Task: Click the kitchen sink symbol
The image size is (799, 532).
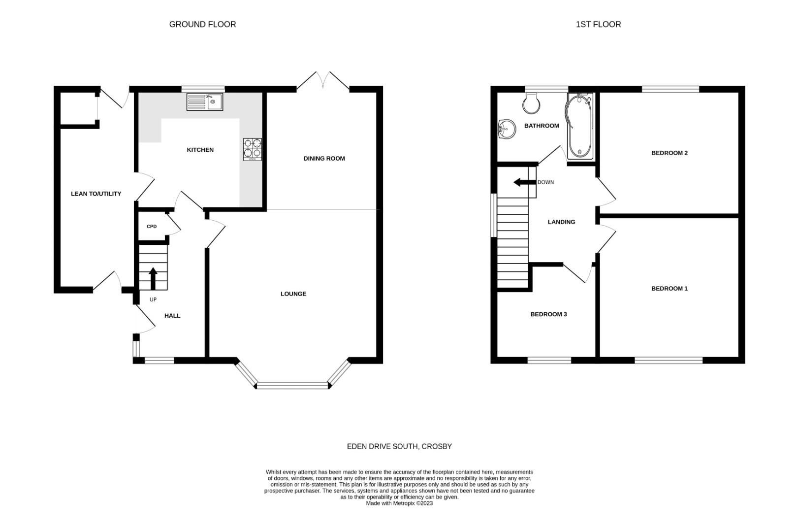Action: click(x=204, y=102)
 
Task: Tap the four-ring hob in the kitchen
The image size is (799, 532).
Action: click(x=253, y=149)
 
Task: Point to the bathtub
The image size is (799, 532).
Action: click(x=580, y=127)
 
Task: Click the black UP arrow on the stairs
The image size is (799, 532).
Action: click(x=153, y=278)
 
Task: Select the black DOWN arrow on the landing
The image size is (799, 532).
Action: click(x=524, y=182)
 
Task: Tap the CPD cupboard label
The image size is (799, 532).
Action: click(x=152, y=227)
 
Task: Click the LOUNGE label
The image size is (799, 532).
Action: click(x=293, y=294)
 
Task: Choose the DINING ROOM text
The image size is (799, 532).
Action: click(x=324, y=159)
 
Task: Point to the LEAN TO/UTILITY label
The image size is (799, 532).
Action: click(x=96, y=194)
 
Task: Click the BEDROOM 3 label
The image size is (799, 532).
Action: click(x=548, y=314)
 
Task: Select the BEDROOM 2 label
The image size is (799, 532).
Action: click(x=669, y=153)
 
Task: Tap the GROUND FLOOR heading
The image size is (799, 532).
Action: click(x=202, y=24)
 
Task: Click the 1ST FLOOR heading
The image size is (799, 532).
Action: click(x=598, y=24)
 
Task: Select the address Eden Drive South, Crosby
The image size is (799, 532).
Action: click(x=399, y=446)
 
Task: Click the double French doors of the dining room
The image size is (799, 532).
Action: click(x=323, y=81)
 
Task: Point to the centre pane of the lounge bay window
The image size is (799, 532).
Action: click(x=292, y=385)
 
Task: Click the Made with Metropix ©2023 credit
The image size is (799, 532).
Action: click(x=399, y=503)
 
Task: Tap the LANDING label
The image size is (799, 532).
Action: click(x=561, y=222)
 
